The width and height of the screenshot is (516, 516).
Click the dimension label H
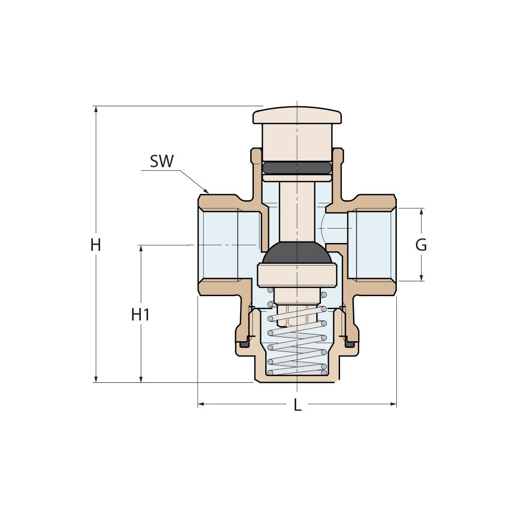(95, 245)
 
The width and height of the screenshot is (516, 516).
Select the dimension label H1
(140, 314)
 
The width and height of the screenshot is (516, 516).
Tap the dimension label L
(297, 405)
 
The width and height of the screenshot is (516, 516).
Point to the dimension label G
(421, 245)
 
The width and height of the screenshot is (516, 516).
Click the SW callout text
(162, 162)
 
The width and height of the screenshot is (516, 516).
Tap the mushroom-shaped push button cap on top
(297, 116)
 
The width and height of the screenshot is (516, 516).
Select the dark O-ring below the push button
(297, 168)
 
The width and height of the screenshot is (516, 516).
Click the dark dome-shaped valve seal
(297, 253)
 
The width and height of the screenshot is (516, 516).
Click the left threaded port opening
(219, 245)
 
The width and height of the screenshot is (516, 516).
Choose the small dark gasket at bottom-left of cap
(244, 344)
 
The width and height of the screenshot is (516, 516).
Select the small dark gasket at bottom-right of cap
(349, 344)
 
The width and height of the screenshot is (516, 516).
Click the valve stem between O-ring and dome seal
(297, 212)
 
